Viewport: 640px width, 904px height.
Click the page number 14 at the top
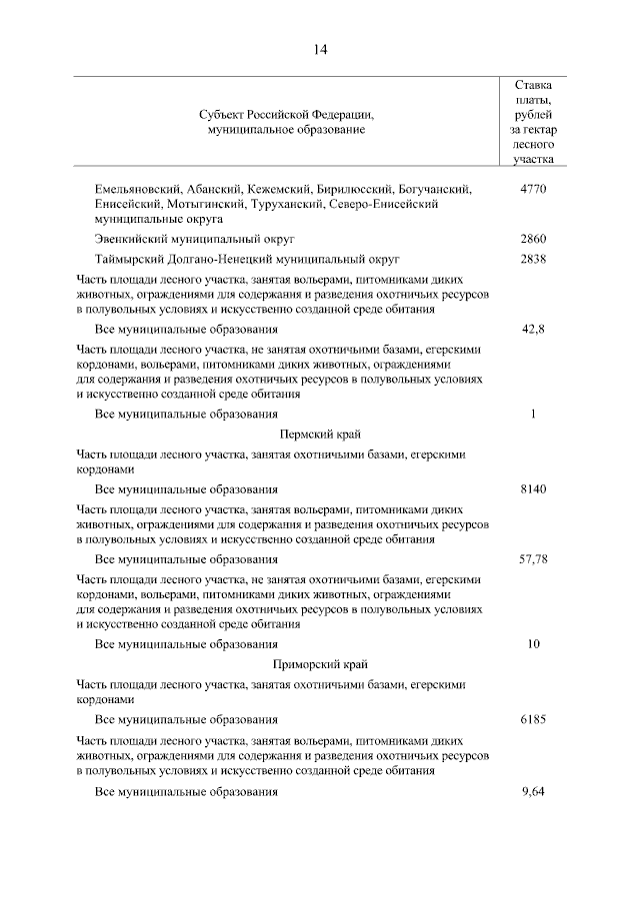(x=320, y=50)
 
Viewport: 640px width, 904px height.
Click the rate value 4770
(x=533, y=189)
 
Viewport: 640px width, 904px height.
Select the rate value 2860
(x=533, y=240)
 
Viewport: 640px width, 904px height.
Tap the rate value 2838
(x=533, y=259)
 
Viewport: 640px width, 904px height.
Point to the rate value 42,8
(x=533, y=329)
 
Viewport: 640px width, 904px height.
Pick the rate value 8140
(x=533, y=489)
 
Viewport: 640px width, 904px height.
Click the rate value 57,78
(x=533, y=559)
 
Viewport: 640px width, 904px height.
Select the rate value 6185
(x=533, y=719)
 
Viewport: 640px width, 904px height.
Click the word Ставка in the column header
(x=533, y=85)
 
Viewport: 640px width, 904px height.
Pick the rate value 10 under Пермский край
(x=533, y=643)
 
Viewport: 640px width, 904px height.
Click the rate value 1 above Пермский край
(x=533, y=414)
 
